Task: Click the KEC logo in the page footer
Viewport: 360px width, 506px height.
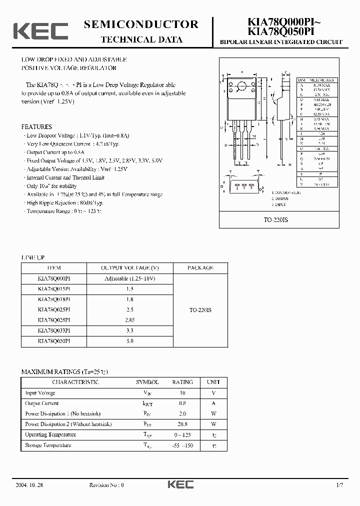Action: coord(180,484)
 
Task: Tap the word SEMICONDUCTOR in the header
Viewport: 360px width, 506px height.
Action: coord(141,24)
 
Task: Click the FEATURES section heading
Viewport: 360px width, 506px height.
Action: coord(36,127)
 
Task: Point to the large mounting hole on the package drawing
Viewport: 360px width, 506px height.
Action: coord(242,85)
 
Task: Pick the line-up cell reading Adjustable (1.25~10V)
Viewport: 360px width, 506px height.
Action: coord(129,278)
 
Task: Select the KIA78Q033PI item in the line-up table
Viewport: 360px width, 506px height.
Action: coord(54,330)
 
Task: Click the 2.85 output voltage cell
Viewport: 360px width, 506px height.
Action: coord(129,320)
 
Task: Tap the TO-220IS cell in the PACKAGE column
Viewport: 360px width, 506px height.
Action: coord(200,310)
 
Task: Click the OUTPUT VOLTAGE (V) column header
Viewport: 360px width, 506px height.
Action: coord(129,268)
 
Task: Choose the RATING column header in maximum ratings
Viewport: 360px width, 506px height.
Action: coord(182,382)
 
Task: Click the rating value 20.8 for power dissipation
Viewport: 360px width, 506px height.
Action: coord(182,424)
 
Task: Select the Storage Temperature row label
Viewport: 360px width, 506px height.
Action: coord(48,445)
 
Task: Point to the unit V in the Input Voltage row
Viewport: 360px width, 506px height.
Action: coord(213,393)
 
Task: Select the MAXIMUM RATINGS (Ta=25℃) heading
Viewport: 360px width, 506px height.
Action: coord(64,372)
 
